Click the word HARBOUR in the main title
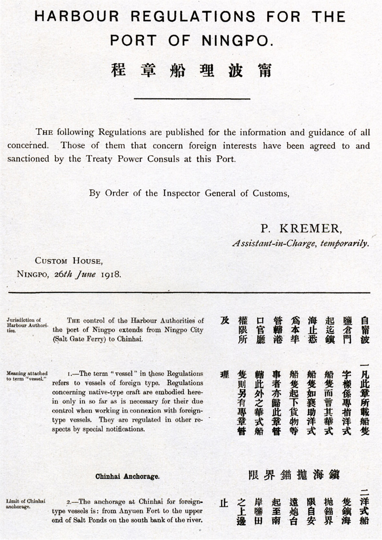(77, 17)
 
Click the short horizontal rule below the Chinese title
(192, 98)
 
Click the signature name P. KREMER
(301, 229)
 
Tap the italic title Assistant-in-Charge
(276, 243)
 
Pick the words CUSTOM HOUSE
(68, 261)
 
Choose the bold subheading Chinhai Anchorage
(127, 476)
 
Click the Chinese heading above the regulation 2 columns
(293, 475)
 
